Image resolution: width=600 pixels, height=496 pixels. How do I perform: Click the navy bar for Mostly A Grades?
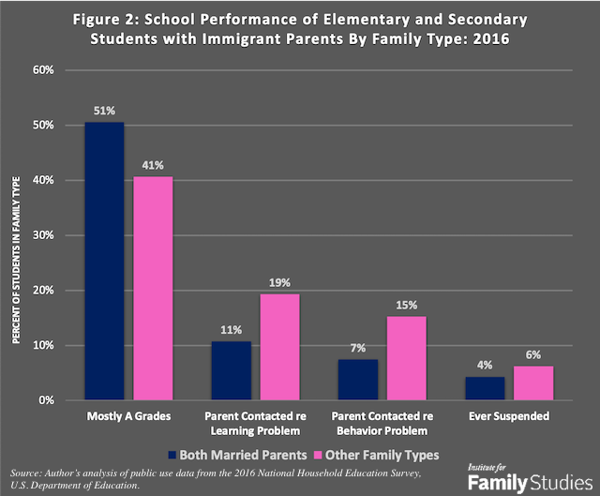104,262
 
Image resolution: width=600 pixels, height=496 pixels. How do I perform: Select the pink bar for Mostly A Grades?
152,288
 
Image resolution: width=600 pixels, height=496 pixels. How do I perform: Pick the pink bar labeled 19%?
279,347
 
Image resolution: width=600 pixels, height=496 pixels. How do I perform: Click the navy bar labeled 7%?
357,380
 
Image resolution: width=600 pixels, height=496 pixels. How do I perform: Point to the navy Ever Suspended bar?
484,388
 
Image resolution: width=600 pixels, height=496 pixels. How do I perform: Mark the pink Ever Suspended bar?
532,383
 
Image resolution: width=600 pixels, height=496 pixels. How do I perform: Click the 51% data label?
104,111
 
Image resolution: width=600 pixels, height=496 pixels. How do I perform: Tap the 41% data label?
152,165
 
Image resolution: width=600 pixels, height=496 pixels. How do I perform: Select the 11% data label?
231,330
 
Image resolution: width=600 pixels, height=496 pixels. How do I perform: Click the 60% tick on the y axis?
47,70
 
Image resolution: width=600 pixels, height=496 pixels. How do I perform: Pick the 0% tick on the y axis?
50,400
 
